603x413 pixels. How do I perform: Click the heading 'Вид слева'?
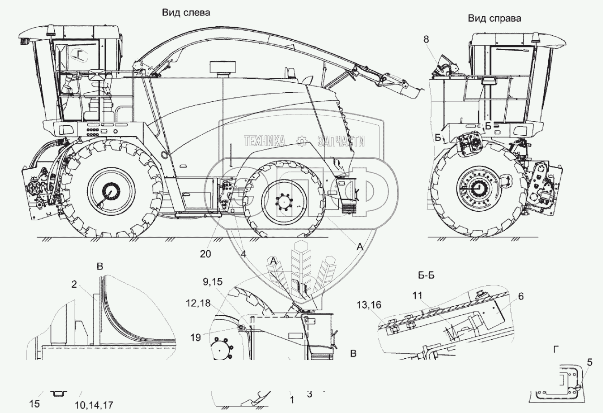pyautogui.click(x=186, y=13)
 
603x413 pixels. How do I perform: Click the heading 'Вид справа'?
pyautogui.click(x=494, y=19)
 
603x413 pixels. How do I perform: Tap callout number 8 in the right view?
pyautogui.click(x=426, y=39)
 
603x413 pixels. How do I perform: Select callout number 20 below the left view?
pyautogui.click(x=206, y=254)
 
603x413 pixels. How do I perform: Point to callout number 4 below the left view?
pyautogui.click(x=243, y=254)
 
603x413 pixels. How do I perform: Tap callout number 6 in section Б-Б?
pyautogui.click(x=521, y=297)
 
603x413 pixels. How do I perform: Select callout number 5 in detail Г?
pyautogui.click(x=590, y=362)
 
